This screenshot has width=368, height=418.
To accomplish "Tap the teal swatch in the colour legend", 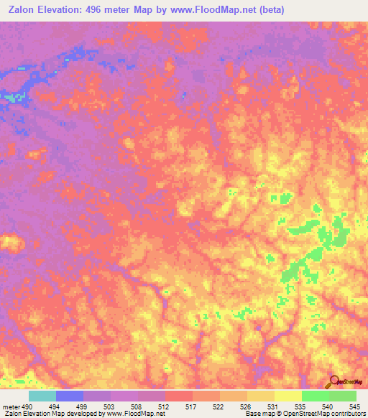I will [x=42, y=396].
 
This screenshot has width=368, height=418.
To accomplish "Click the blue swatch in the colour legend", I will [x=69, y=396].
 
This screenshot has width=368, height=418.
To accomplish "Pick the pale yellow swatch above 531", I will [x=287, y=396].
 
